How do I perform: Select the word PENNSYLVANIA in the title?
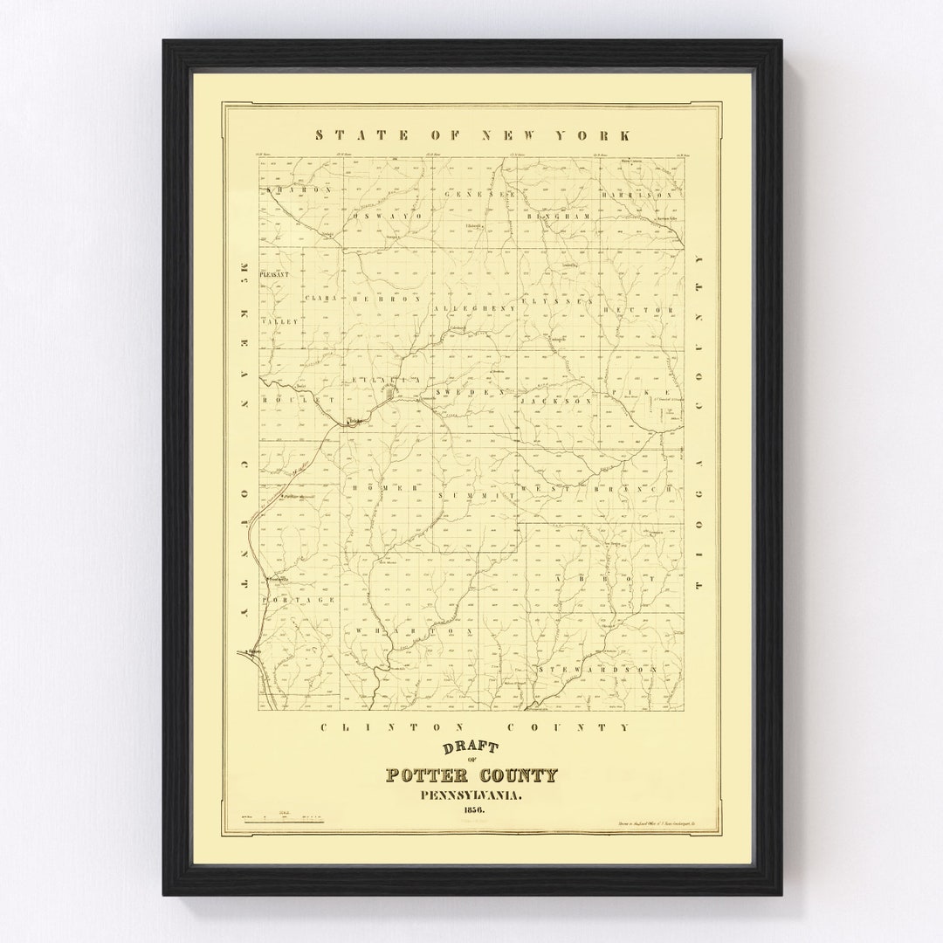point(472,794)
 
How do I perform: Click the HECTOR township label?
point(646,310)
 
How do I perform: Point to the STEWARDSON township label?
point(596,669)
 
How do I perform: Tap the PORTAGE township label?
point(299,600)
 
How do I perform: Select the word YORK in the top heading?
point(597,135)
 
